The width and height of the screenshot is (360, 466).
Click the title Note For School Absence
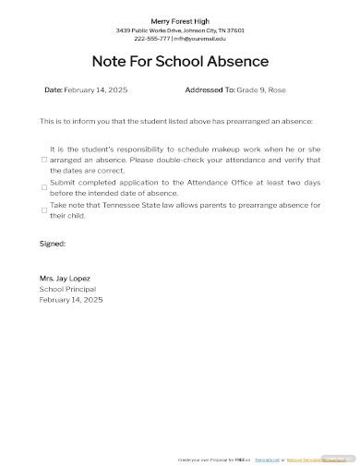(x=180, y=62)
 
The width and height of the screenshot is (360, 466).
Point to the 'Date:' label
(x=54, y=90)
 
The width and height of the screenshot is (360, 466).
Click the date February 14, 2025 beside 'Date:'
(x=96, y=90)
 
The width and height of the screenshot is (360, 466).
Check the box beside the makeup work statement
(x=43, y=159)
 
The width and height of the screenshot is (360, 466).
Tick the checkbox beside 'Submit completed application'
(x=43, y=187)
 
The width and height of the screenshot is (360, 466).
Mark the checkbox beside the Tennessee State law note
(x=43, y=210)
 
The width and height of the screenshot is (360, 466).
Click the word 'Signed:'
(x=53, y=244)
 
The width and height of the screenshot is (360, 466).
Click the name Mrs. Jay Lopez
(x=65, y=278)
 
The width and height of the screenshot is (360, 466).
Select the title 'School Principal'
(x=67, y=289)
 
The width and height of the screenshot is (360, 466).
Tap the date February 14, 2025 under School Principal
(x=71, y=300)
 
